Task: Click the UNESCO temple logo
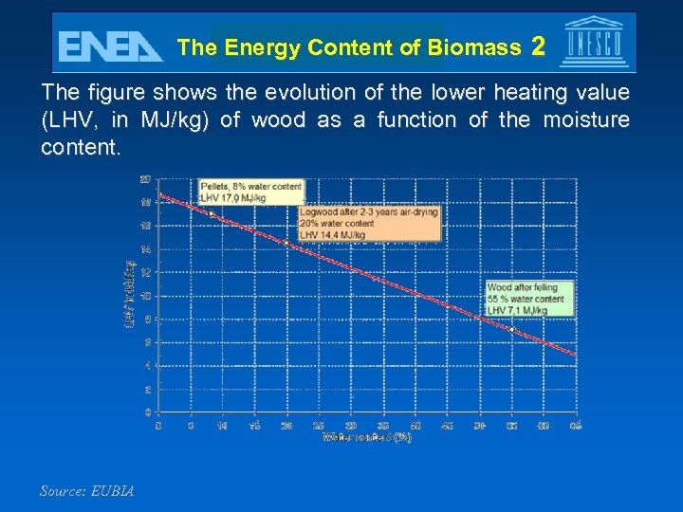[594, 43]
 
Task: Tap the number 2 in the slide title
[538, 46]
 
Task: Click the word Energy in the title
[262, 47]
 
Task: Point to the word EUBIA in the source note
[113, 491]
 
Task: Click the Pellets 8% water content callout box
[251, 192]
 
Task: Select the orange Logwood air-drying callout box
[369, 223]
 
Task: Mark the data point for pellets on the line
[211, 214]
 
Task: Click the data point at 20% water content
[286, 243]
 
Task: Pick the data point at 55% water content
[511, 329]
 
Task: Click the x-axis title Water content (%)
[367, 437]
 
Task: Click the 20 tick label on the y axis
[145, 179]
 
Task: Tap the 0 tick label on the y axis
[147, 412]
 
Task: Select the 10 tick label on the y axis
[145, 296]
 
